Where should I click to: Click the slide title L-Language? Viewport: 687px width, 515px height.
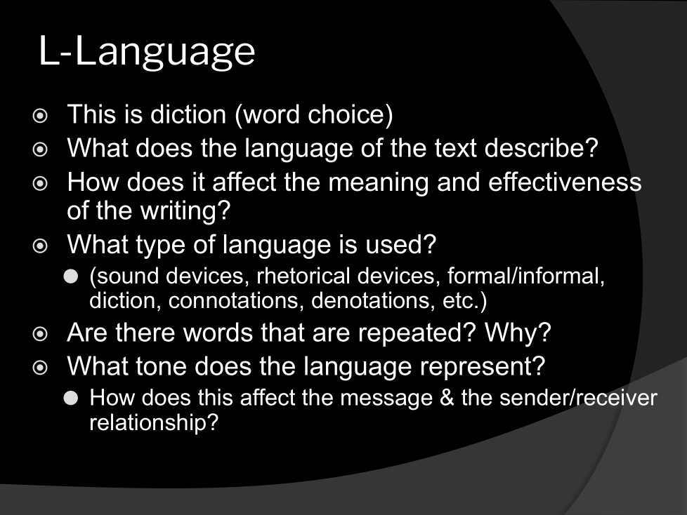tap(148, 52)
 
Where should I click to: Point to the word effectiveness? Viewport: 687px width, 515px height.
tap(565, 182)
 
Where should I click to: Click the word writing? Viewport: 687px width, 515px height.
tap(185, 211)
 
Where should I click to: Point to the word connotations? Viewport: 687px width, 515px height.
tap(236, 301)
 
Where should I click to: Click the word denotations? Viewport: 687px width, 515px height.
tap(373, 301)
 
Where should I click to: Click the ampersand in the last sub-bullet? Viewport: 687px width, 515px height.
tap(447, 398)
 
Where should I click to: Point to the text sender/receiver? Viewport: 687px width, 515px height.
tap(578, 398)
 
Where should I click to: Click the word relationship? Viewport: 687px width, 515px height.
tap(154, 422)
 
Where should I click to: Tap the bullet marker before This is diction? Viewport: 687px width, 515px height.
tap(40, 116)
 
